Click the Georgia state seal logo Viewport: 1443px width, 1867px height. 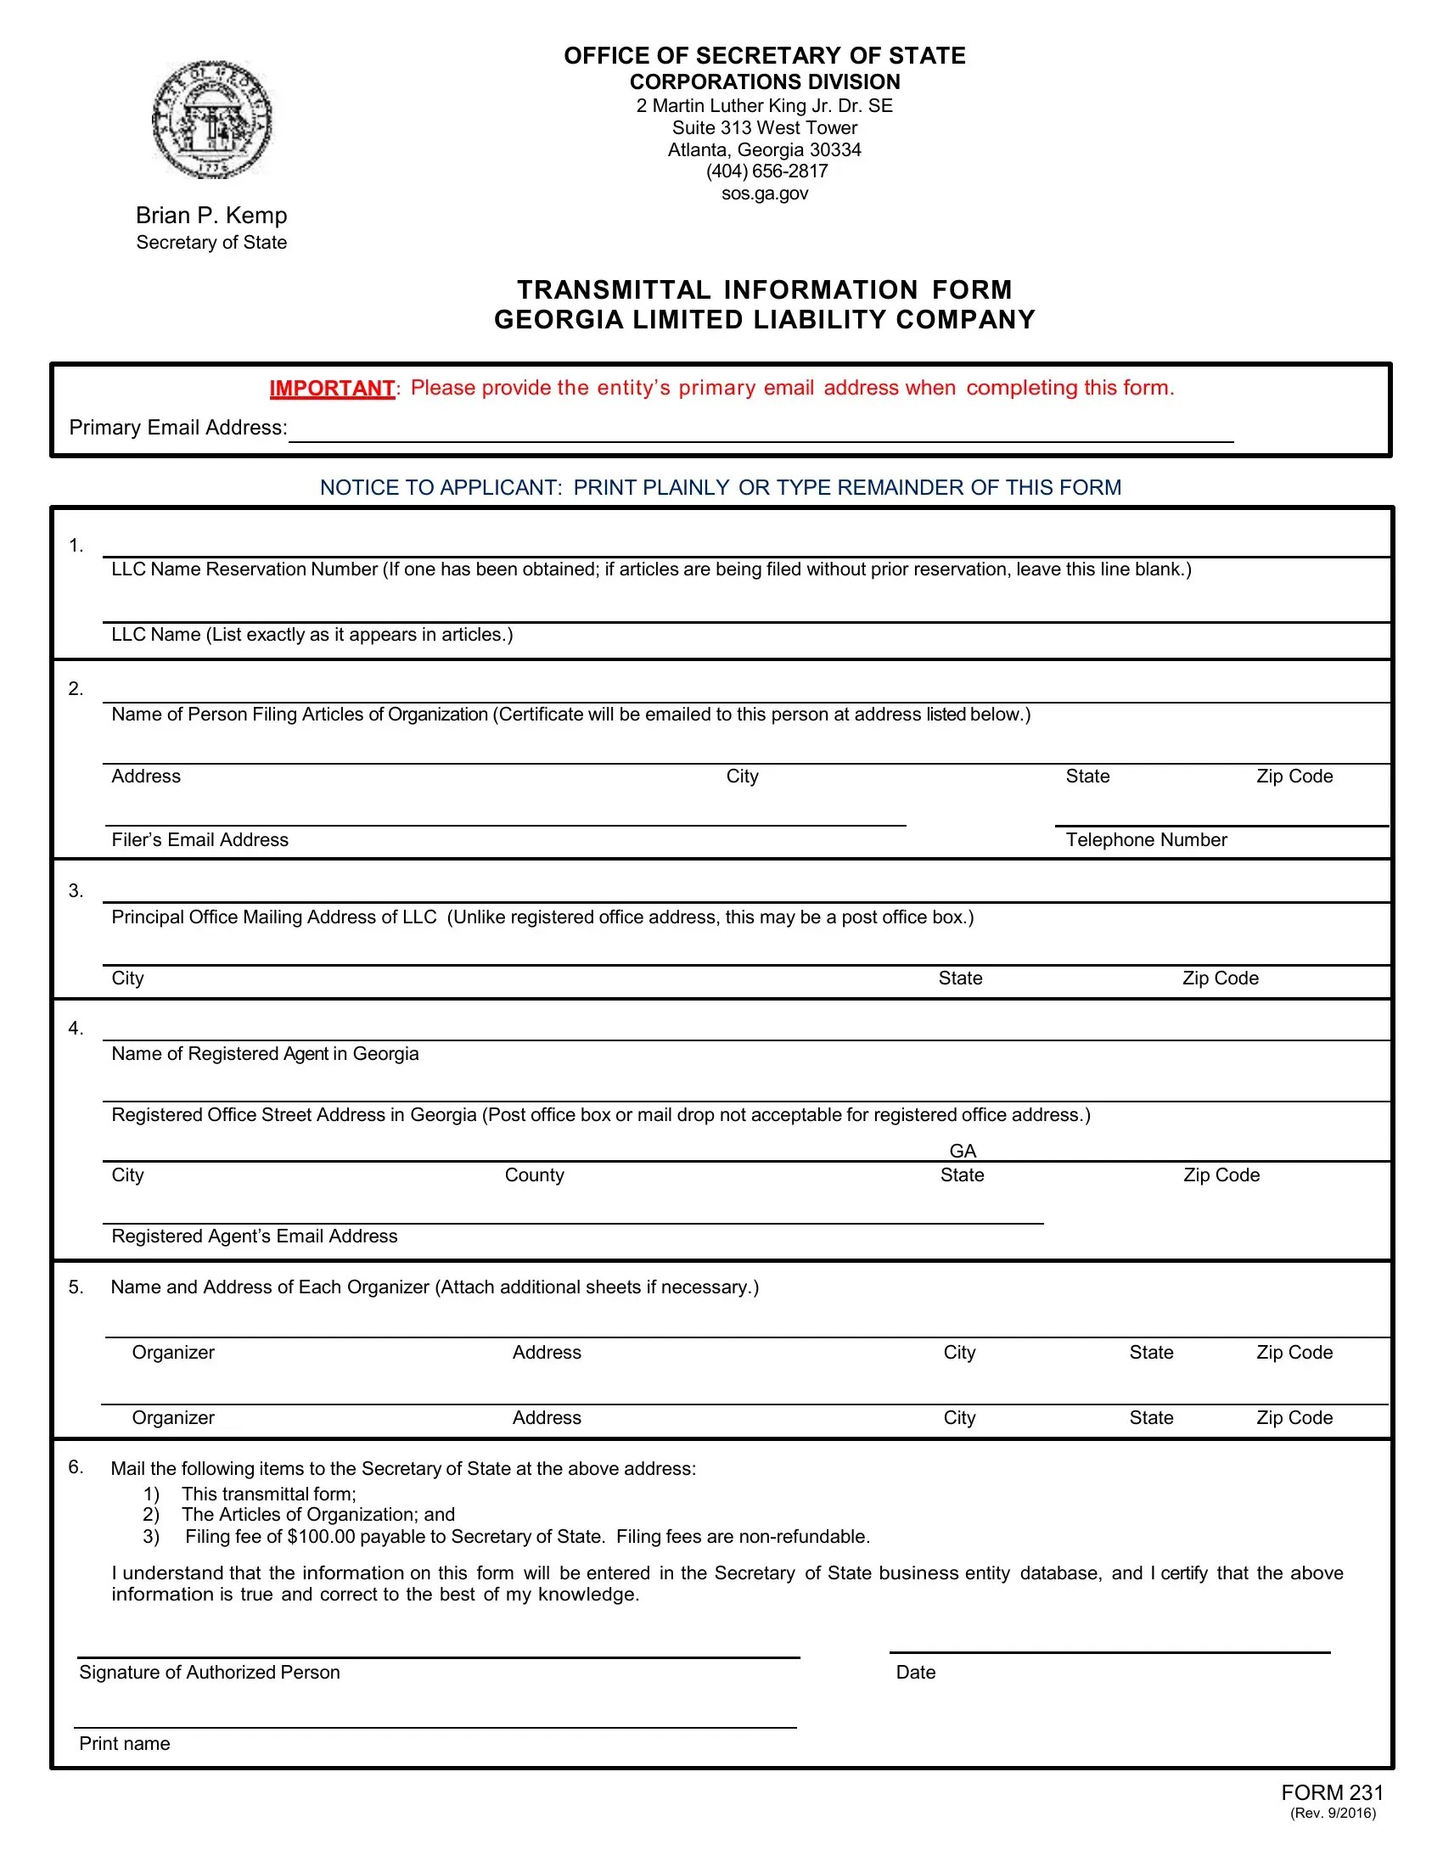pyautogui.click(x=211, y=120)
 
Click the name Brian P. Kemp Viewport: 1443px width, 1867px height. pyautogui.click(x=211, y=216)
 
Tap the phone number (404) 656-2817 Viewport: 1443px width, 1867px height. pyautogui.click(x=766, y=171)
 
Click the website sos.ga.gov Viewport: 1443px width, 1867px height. pyautogui.click(x=764, y=193)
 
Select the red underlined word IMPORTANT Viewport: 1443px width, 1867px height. pyautogui.click(x=332, y=388)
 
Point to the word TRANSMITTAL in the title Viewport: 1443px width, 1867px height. pyautogui.click(x=613, y=289)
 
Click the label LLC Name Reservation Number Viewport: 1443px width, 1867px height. pyautogui.click(x=244, y=569)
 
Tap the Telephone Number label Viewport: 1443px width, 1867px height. pyautogui.click(x=1146, y=839)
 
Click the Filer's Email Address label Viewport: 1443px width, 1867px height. pyautogui.click(x=200, y=839)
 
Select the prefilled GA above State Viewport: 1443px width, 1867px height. pyautogui.click(x=963, y=1151)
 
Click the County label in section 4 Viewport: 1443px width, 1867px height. pyautogui.click(x=534, y=1175)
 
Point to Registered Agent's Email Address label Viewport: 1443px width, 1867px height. pyautogui.click(x=255, y=1236)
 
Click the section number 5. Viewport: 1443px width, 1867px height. pyautogui.click(x=76, y=1287)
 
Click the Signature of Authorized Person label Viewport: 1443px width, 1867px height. pyautogui.click(x=210, y=1672)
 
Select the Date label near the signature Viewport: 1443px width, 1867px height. pyautogui.click(x=916, y=1672)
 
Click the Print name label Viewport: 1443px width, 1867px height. pyautogui.click(x=125, y=1743)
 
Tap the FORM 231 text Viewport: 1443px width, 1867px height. pyautogui.click(x=1332, y=1792)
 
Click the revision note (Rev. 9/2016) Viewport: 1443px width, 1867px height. pyautogui.click(x=1333, y=1814)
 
